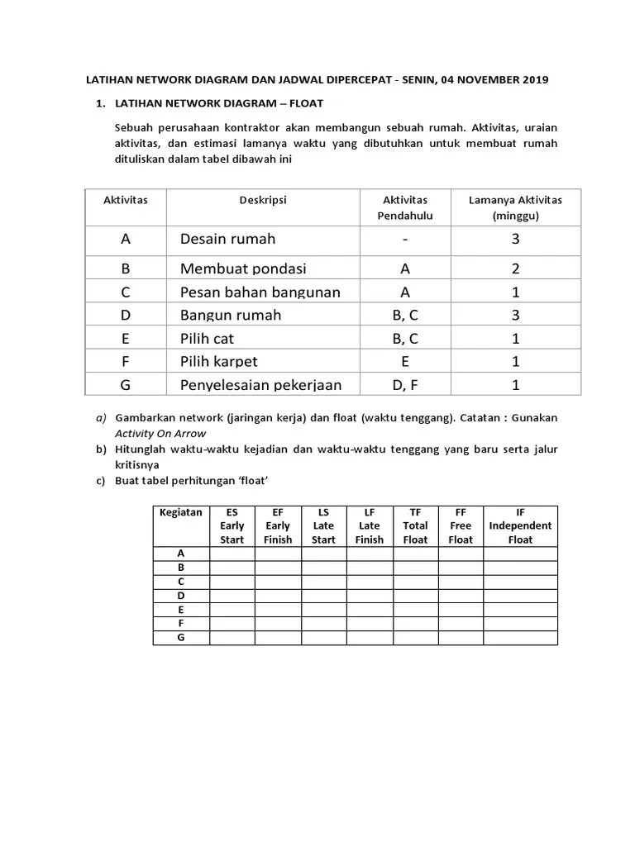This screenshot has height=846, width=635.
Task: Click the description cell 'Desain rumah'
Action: [227, 239]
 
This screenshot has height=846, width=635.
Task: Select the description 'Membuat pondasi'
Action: [243, 269]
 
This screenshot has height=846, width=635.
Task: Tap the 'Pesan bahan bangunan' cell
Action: [260, 292]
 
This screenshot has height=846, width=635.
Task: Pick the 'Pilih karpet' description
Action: [218, 361]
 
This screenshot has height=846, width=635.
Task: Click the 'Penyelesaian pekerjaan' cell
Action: [260, 384]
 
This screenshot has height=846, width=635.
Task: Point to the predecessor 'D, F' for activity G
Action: [404, 384]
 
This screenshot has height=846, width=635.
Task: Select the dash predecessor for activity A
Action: [404, 239]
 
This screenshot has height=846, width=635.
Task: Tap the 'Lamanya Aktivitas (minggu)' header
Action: [514, 207]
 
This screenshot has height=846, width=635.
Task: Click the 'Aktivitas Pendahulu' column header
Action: [404, 207]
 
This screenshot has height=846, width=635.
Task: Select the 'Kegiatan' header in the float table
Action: [180, 512]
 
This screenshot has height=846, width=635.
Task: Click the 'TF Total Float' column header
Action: [415, 525]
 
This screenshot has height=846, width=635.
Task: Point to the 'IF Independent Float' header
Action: [520, 525]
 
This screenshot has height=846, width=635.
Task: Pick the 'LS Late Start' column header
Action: [323, 525]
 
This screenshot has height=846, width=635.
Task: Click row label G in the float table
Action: [180, 638]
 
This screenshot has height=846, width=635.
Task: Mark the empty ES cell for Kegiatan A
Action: [232, 554]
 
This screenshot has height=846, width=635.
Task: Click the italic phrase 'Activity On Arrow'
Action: [160, 433]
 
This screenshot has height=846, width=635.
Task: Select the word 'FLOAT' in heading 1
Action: [305, 104]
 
